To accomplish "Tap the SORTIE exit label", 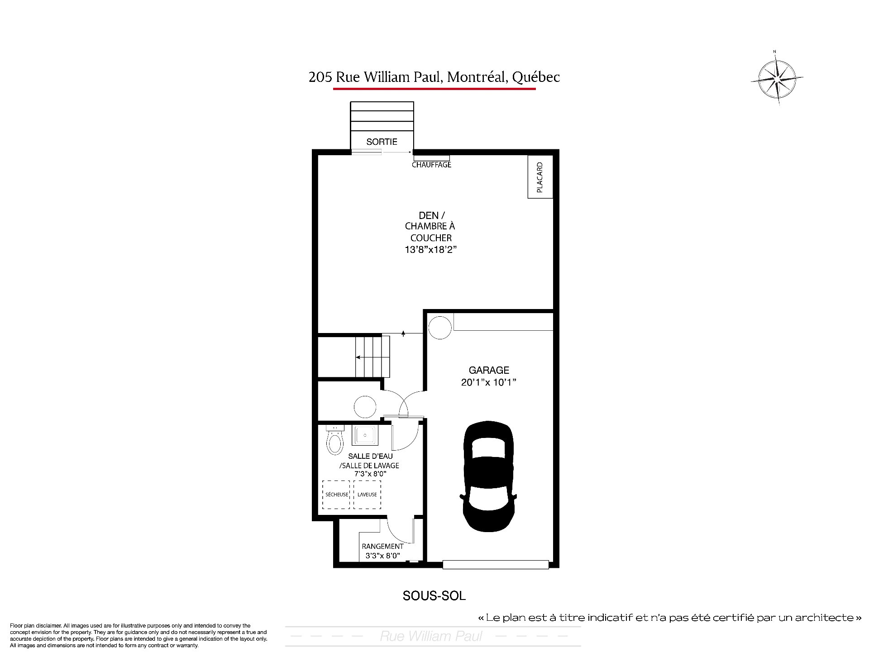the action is coord(382,142).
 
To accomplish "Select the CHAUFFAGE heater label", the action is coord(431,165).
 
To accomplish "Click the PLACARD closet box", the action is coord(540,177).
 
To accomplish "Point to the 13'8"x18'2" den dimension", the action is coord(430,249).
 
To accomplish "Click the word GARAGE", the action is coord(489,370).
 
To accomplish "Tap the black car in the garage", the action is coord(489,476).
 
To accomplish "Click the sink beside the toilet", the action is coord(364,436).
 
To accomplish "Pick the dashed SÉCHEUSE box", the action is coord(336,495).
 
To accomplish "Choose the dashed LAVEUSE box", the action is coord(367,495).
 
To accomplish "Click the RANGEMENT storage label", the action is coord(382,547).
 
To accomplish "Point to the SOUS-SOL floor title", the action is coord(434,596).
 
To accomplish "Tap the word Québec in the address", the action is coord(536,77).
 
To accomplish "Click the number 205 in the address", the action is coord(320,77).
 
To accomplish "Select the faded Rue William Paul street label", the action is coord(431,636).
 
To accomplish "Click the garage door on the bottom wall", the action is coord(496,565).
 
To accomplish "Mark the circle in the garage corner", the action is coord(440,328).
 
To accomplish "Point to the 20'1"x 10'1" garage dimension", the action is coord(489,382).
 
